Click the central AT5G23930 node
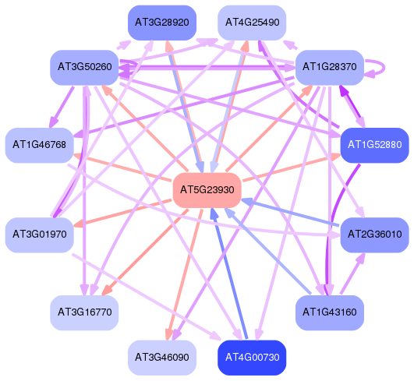[207, 190]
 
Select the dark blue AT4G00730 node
[252, 358]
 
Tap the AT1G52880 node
[375, 145]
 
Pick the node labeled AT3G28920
[162, 23]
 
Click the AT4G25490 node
[252, 23]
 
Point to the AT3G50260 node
[84, 67]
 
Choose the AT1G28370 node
[330, 67]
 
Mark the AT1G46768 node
[39, 145]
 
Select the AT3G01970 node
[39, 235]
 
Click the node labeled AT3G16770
[84, 312]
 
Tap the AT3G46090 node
[162, 358]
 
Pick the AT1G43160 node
[330, 312]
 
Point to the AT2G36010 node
[375, 235]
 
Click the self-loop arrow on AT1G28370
[384, 68]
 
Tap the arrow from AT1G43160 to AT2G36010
[352, 273]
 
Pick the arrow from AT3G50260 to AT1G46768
[62, 107]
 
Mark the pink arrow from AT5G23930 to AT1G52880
[292, 168]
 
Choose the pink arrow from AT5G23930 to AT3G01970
[122, 213]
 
